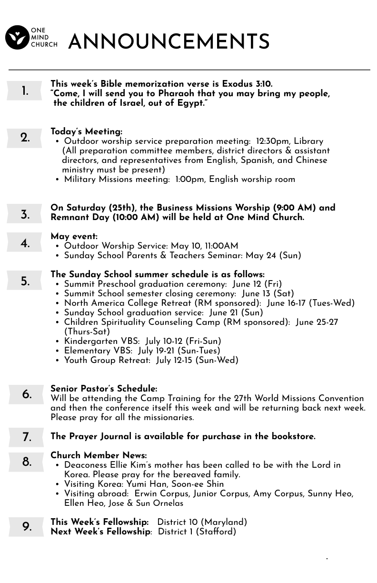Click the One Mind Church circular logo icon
[17, 38]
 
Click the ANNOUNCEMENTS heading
[169, 42]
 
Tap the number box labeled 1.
[25, 91]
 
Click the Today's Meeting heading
[86, 132]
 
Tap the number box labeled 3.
[25, 214]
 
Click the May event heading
[74, 237]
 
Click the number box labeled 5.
[25, 281]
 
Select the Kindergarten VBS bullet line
[143, 342]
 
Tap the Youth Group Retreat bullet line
[151, 361]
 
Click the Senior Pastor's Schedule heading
[104, 389]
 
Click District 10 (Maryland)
[202, 523]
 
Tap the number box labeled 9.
[27, 527]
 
